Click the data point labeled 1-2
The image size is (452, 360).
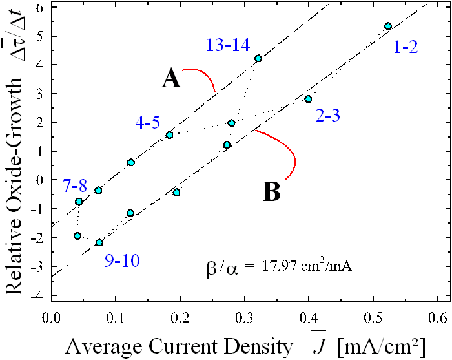388,26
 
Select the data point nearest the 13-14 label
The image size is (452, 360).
258,58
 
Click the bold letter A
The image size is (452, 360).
170,79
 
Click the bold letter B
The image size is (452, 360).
272,192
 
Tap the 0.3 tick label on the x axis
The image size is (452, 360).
245,318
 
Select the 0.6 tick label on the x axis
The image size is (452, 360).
439,318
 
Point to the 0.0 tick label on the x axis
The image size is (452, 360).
51,318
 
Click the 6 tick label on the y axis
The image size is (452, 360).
39,7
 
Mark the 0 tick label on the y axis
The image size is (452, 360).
39,180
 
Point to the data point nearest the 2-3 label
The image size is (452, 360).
308,99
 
